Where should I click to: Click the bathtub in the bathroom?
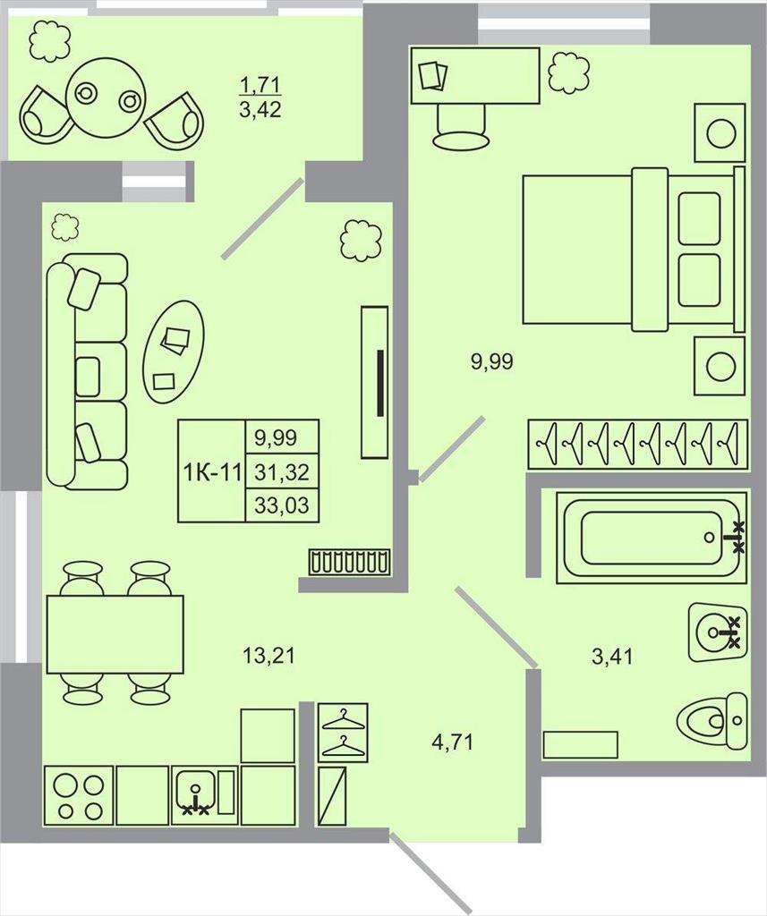coord(652,538)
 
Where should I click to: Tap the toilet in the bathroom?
coord(712,720)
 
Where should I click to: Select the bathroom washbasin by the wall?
coord(718,632)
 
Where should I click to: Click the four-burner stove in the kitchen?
coord(79,795)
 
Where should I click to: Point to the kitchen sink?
coord(205,795)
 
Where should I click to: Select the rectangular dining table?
coord(115,634)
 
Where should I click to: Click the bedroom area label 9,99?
coord(491,362)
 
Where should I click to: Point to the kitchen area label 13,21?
coord(268,656)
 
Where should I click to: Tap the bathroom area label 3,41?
coord(612,657)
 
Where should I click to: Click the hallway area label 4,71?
coord(452,743)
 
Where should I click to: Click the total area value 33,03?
coord(282,505)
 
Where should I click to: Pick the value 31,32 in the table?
coord(282,471)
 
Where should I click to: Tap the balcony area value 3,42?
coord(260,109)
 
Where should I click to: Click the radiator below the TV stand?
coord(349,562)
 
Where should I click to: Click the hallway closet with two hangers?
coord(343,733)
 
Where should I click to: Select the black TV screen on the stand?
coord(380,383)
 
